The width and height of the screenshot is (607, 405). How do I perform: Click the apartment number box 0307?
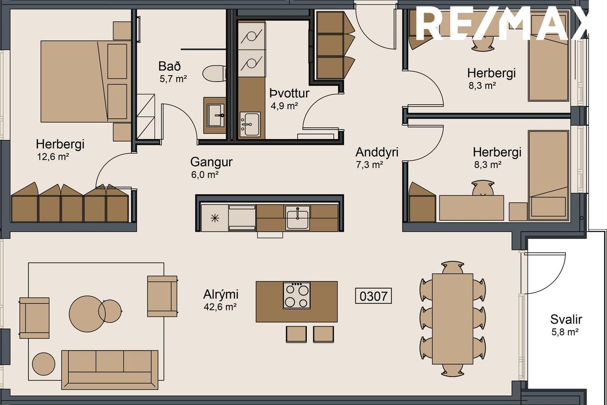(x=374, y=296)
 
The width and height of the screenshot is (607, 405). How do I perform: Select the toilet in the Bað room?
(x=214, y=73)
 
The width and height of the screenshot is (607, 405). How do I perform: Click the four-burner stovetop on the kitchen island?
(x=296, y=295)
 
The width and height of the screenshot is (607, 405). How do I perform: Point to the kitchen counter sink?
(x=298, y=217)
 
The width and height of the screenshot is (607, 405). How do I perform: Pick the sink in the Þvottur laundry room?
(x=250, y=124)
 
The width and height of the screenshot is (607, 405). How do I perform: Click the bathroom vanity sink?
(x=216, y=115)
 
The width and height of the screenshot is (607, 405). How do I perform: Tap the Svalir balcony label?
(x=566, y=320)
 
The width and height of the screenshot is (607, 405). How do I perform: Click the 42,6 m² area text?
(x=220, y=307)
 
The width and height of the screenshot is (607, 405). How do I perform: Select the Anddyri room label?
(x=377, y=152)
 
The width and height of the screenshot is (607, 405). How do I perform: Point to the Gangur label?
(x=212, y=162)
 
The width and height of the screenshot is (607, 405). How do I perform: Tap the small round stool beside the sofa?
(x=43, y=364)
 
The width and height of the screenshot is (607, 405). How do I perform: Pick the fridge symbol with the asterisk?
(x=215, y=218)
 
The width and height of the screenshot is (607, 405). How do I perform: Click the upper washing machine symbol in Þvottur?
(x=252, y=36)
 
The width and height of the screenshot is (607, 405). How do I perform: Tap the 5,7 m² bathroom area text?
(x=173, y=79)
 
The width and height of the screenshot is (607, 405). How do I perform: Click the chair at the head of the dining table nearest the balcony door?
(x=452, y=268)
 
